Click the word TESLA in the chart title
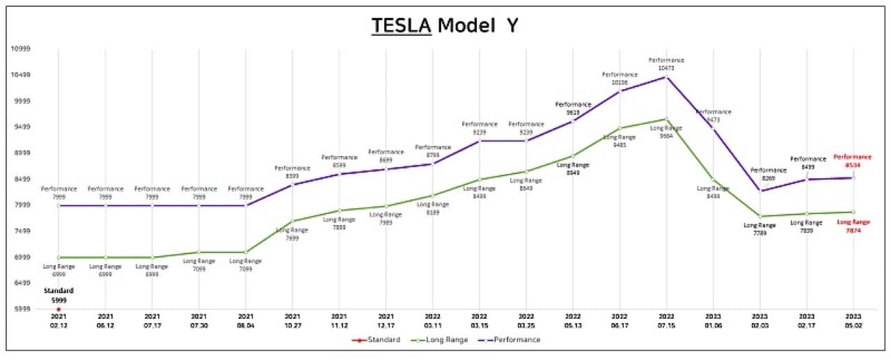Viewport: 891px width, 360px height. (402, 25)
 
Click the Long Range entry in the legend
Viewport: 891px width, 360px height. (436, 340)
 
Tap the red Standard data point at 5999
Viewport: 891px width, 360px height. (58, 309)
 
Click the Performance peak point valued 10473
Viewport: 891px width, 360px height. (666, 77)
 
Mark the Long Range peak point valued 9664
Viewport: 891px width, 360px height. (666, 119)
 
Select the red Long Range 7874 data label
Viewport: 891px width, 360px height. (853, 226)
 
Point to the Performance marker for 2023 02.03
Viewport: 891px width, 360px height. (759, 191)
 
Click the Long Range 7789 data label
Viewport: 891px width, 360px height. (759, 229)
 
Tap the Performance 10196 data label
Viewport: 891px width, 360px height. (620, 78)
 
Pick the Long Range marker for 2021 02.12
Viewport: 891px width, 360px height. (58, 258)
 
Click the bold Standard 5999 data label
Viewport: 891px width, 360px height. (58, 295)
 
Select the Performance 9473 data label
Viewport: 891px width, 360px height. (713, 116)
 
